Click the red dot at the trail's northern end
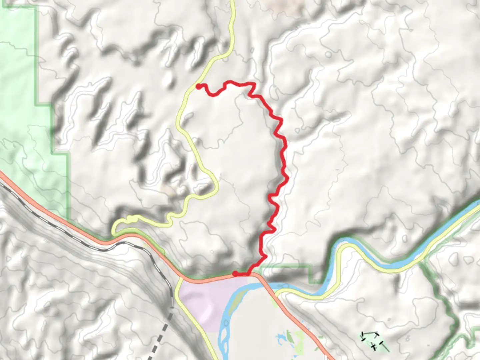pyautogui.click(x=198, y=87)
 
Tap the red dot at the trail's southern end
pyautogui.click(x=235, y=274)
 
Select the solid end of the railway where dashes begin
pyautogui.click(x=172, y=305)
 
